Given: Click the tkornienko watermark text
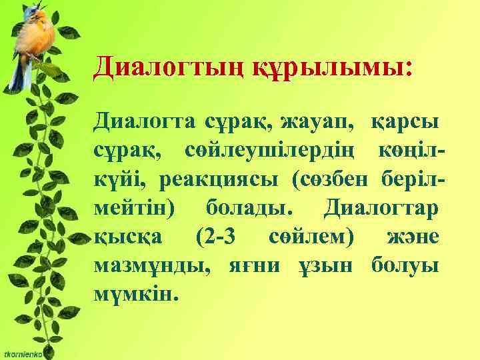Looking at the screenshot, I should pyautogui.click(x=22, y=355).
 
